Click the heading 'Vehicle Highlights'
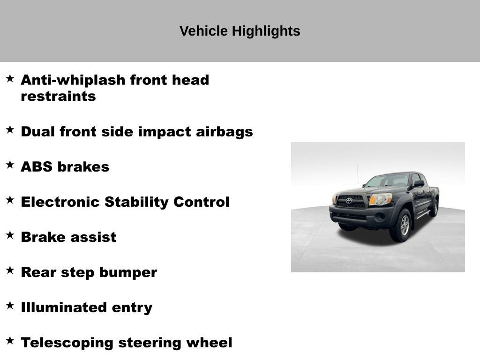tap(240, 31)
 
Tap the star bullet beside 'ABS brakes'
tap(10, 165)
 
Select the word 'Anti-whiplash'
tap(73, 80)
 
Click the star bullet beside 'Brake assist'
tap(10, 235)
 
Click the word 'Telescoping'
tap(67, 343)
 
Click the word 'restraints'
tap(58, 97)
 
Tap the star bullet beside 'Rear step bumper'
tap(10, 270)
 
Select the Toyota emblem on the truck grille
tap(349, 201)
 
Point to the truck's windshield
tap(388, 180)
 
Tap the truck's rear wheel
tap(435, 208)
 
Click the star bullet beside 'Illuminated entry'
tap(10, 305)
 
